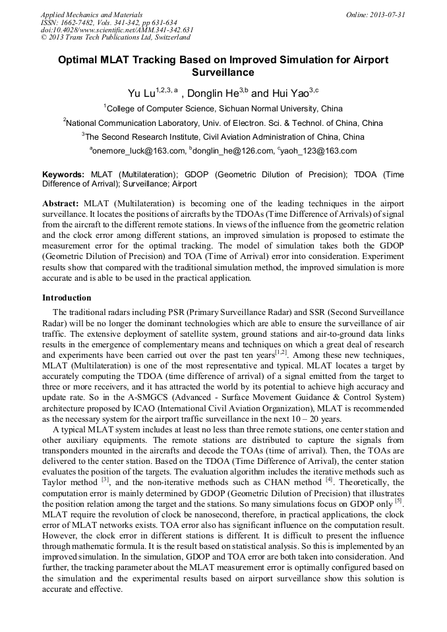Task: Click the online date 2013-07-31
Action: (x=388, y=14)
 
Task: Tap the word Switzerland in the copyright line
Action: (x=171, y=38)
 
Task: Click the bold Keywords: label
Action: (x=63, y=175)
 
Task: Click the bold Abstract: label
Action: (x=61, y=204)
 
